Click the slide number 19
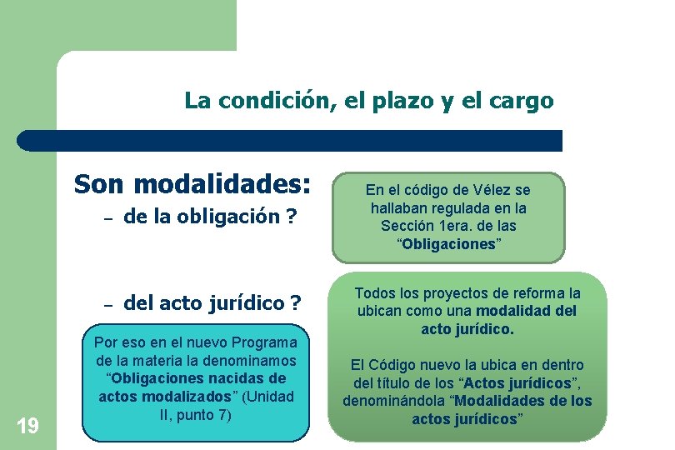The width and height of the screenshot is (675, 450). coord(27,427)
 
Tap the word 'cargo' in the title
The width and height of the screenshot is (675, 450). coord(522,102)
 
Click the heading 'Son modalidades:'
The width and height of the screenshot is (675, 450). coord(192,183)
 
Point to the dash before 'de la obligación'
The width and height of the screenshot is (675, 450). coord(107,219)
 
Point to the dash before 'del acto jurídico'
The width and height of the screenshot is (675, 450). coord(107,305)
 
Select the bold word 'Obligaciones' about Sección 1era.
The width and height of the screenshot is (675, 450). coord(449,242)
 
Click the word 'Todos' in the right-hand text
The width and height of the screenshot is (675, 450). coord(373,293)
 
